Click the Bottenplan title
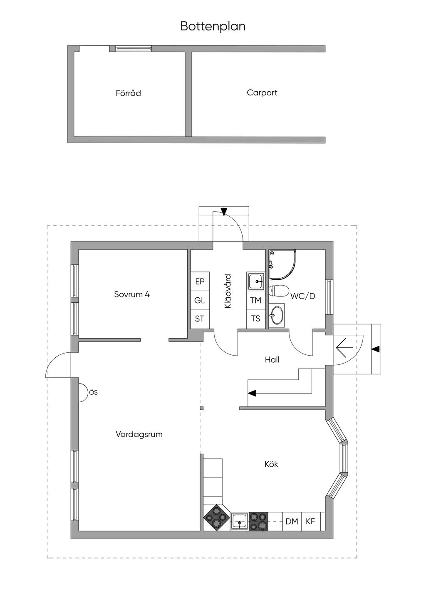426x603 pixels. (x=213, y=26)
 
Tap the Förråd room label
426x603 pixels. (x=128, y=93)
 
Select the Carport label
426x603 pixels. (x=262, y=92)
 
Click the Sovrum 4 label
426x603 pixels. (x=131, y=294)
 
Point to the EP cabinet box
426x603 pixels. (x=200, y=282)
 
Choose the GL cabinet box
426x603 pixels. (x=200, y=300)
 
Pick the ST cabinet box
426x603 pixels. (x=200, y=319)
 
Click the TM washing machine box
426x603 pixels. (x=255, y=300)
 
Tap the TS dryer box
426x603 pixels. (x=255, y=319)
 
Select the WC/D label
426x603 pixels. (x=303, y=296)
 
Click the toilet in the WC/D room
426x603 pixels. (x=279, y=290)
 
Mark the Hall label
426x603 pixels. (x=272, y=359)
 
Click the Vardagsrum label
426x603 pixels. (x=139, y=434)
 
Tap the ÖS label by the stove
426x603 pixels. (x=93, y=392)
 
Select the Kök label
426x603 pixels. (x=271, y=464)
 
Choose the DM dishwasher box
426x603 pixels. (x=292, y=521)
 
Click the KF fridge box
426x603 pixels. (x=310, y=521)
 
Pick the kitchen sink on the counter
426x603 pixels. (x=239, y=521)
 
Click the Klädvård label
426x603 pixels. (x=227, y=291)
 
